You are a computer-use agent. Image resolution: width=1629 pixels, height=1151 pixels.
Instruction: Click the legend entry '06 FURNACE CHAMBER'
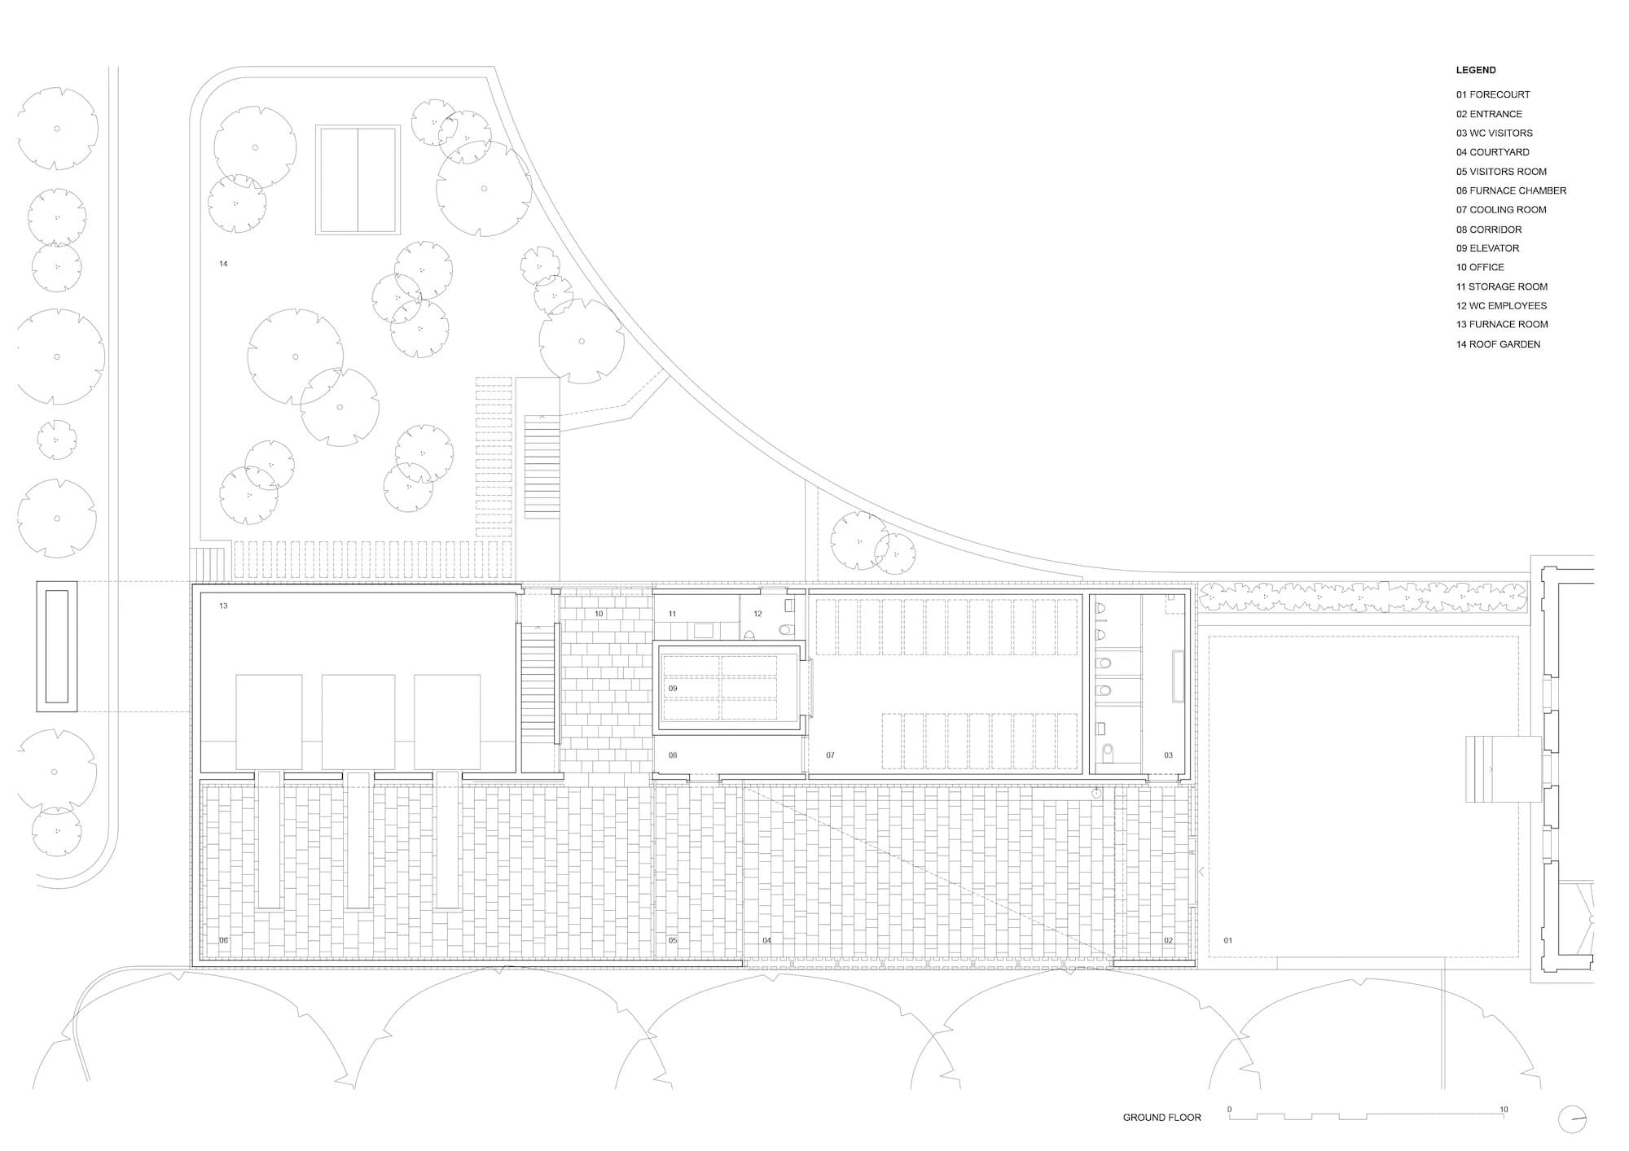tap(1511, 190)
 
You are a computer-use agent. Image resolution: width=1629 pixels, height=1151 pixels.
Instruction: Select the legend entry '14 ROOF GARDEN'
tap(1498, 344)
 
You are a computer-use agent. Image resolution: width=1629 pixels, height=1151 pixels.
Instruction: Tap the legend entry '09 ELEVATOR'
tap(1487, 248)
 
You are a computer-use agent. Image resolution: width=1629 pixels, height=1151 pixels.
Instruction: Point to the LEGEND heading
tap(1476, 70)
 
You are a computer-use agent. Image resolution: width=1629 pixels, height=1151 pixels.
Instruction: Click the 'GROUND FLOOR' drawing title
tap(1161, 1118)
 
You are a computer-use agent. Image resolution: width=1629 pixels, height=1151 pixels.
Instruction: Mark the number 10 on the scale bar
tap(1504, 1109)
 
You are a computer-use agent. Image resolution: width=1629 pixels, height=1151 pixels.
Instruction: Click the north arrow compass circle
tap(1573, 1119)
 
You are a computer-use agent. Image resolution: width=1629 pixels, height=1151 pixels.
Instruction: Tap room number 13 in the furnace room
tap(223, 606)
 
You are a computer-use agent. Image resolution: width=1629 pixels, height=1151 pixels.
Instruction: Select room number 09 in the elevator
tap(673, 689)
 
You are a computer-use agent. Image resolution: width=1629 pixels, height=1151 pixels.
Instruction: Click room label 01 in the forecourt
tap(1228, 941)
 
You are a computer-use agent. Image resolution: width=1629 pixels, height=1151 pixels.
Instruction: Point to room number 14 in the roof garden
tap(223, 264)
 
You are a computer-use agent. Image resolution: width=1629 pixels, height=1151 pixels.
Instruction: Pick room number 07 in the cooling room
tap(830, 755)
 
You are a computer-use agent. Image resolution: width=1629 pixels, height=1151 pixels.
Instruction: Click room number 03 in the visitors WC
tap(1168, 755)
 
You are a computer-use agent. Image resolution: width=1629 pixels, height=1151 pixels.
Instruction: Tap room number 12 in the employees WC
tap(757, 614)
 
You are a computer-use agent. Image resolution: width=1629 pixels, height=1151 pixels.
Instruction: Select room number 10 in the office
tap(599, 614)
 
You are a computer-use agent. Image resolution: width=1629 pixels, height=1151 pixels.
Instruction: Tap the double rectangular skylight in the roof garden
tap(358, 179)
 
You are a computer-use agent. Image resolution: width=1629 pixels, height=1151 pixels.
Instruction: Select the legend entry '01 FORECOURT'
tap(1493, 94)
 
